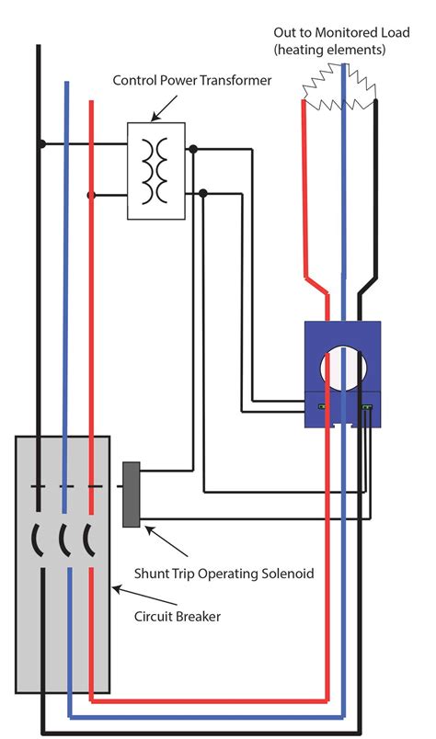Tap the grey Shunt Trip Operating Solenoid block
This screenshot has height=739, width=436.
130,495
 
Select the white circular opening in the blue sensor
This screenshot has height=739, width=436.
343,371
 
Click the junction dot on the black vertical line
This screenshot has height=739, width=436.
40,144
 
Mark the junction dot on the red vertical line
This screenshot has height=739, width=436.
90,196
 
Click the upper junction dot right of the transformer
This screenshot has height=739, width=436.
192,147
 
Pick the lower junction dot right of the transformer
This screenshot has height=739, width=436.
203,192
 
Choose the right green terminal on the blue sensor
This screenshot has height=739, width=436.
368,405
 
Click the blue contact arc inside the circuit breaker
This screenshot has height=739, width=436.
63,537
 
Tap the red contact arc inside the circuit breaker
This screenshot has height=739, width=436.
89,537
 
